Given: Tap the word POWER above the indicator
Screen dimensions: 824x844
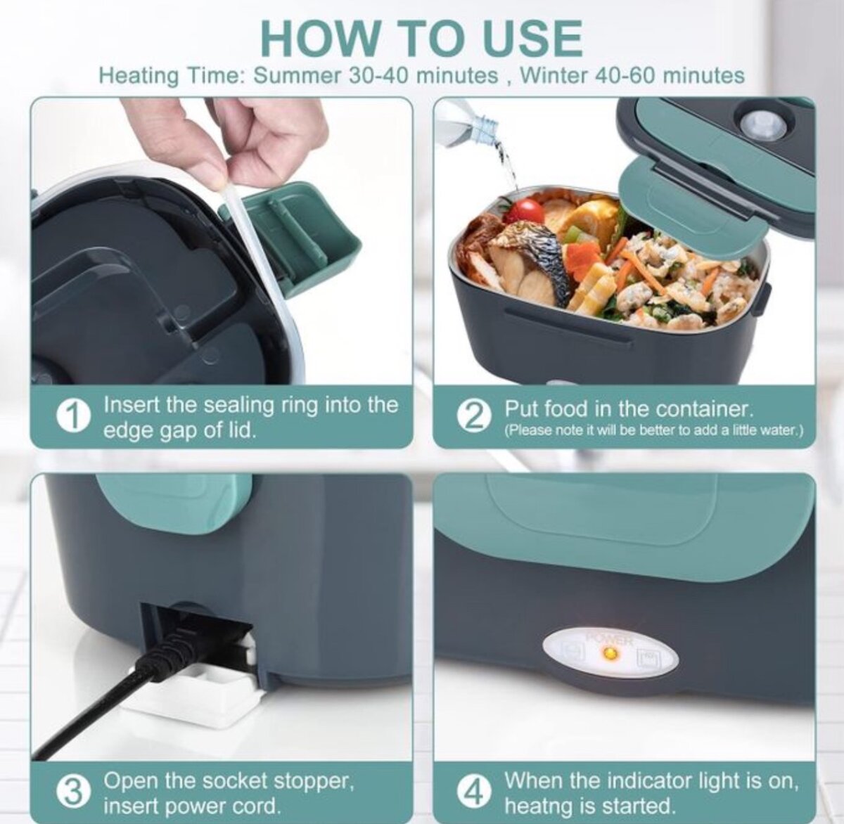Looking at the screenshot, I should tap(610, 640).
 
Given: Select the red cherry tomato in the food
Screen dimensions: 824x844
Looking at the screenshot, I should tap(525, 211).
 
